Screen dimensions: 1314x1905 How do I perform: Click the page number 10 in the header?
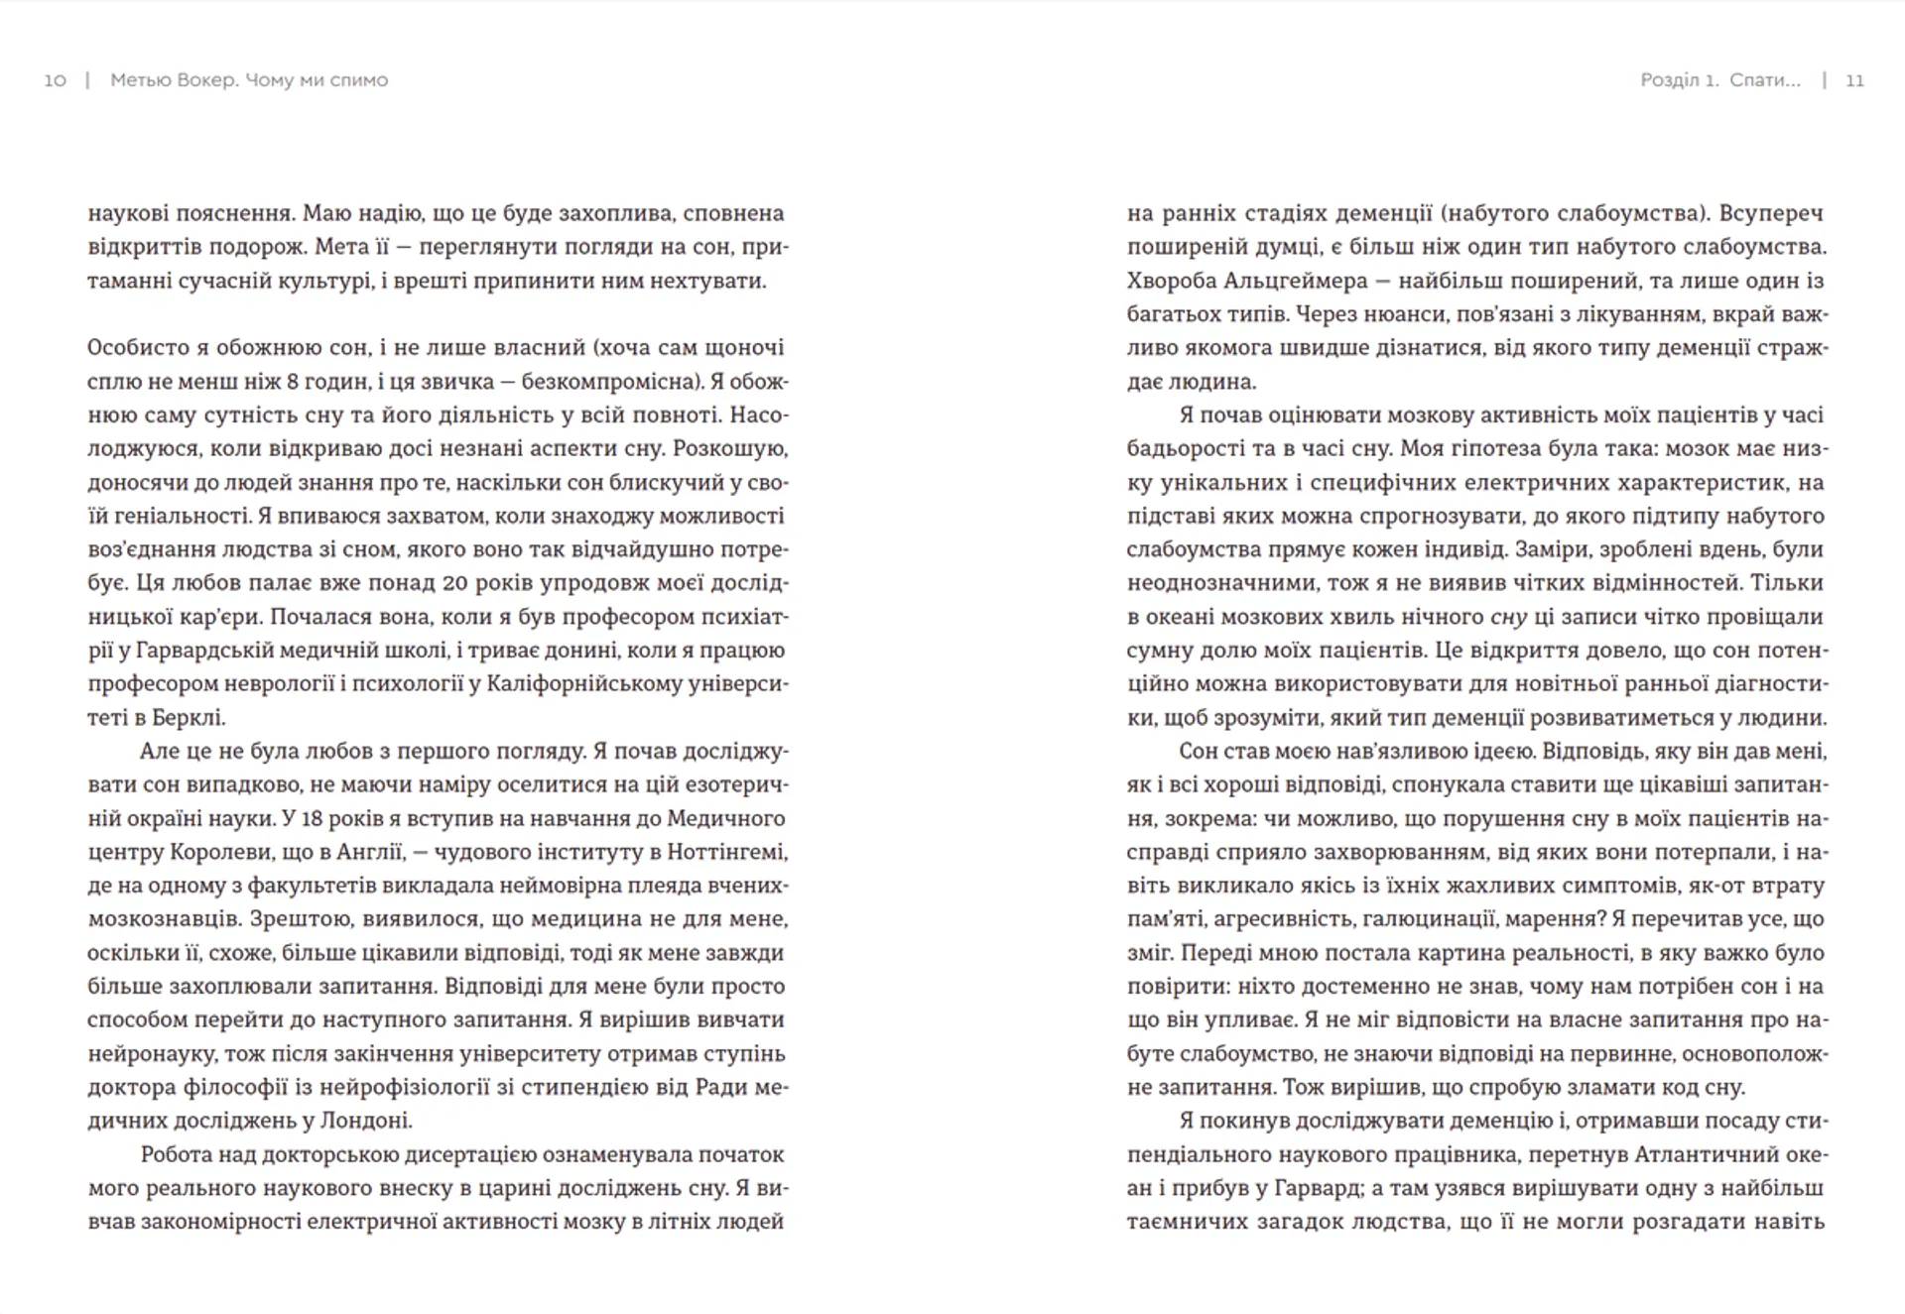point(55,80)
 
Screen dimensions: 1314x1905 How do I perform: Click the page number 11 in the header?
point(1854,80)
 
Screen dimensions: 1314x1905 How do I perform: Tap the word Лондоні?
point(364,1121)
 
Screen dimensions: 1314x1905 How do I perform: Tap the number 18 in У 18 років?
point(316,818)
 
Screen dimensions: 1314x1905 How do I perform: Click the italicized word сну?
point(1508,617)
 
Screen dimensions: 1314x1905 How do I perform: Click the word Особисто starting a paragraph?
point(139,348)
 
